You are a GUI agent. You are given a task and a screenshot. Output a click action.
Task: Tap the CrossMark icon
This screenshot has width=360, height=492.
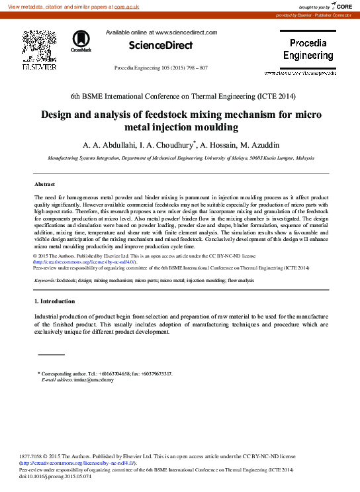point(81,40)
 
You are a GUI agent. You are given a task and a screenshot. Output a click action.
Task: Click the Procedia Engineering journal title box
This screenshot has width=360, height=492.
point(308,50)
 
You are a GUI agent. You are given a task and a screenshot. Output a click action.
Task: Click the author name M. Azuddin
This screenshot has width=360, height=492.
point(258,144)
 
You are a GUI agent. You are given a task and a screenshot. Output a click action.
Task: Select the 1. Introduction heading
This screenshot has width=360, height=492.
point(55,301)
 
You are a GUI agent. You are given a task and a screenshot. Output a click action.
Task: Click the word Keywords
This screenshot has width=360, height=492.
point(45,281)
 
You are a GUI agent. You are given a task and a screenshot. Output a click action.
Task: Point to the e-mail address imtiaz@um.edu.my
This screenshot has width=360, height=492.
point(96,379)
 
